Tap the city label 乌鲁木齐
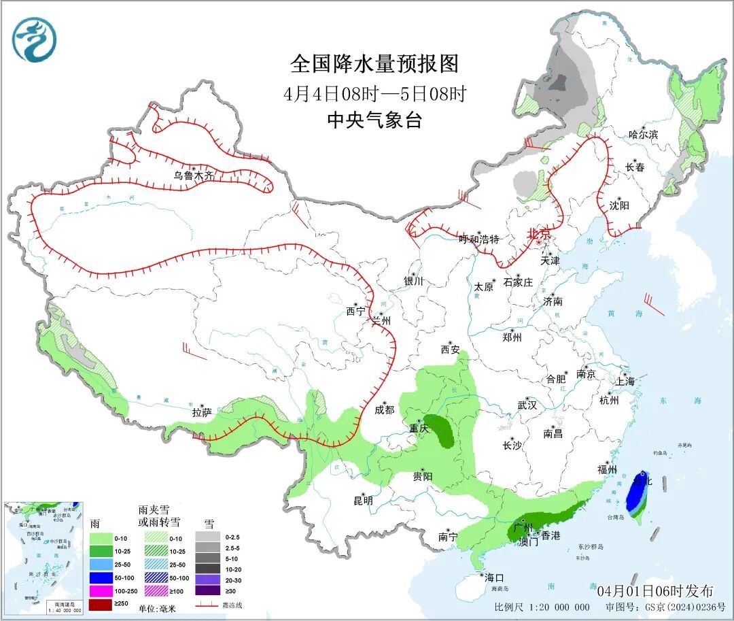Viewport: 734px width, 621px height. [x=193, y=175]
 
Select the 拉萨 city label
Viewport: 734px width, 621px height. [x=202, y=412]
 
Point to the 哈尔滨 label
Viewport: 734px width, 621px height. [x=643, y=135]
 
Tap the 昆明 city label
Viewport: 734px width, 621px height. [x=363, y=501]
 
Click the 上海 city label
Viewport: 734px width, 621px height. [x=624, y=381]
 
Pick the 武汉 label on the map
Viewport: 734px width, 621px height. [x=527, y=405]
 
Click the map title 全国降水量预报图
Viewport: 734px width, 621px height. [x=374, y=64]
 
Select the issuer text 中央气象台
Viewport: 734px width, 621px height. [x=374, y=120]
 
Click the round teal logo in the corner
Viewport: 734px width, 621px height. [x=33, y=39]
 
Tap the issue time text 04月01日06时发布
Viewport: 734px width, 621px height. [x=655, y=590]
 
